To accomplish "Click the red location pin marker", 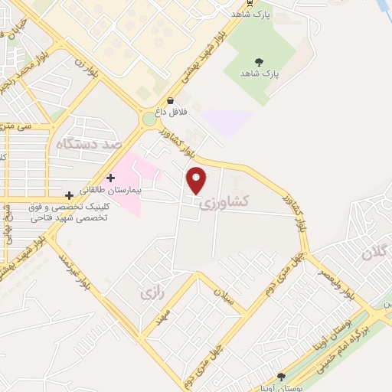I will click(197, 180).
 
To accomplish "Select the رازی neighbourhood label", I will click(149, 292).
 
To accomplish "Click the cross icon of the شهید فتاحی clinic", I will click(70, 195).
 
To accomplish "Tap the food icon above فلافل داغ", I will click(170, 101).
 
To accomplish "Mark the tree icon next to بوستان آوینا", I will click(282, 376).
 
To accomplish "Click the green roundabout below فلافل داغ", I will click(149, 119).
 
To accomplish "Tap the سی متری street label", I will click(15, 126).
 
